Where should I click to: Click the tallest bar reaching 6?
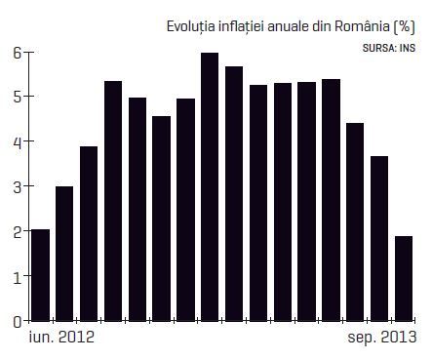pos(210,187)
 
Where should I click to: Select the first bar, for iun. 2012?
pos(41,275)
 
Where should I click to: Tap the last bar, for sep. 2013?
pos(404,279)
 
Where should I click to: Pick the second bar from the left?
pos(64,254)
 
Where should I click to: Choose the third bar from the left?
pos(89,234)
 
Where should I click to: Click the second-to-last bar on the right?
pos(379,239)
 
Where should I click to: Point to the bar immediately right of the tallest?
pos(234,194)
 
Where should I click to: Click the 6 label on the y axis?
pos(18,53)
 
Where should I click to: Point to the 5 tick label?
pos(18,97)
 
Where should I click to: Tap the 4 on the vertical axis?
pos(18,141)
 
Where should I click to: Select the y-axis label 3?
pos(18,186)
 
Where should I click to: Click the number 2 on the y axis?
pos(18,231)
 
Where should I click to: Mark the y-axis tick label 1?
pos(18,276)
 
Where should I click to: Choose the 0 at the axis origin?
pos(18,322)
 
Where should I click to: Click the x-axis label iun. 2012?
pos(61,337)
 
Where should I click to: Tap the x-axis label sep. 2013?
pos(382,338)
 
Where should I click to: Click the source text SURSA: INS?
pos(389,48)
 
